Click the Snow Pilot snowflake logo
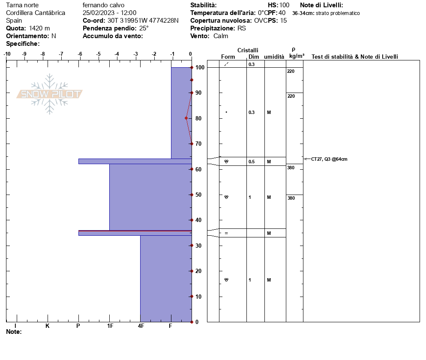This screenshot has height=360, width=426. (49, 94)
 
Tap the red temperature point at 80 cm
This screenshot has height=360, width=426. (186, 118)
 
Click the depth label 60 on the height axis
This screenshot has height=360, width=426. (198, 169)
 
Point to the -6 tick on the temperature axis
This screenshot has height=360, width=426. (80, 54)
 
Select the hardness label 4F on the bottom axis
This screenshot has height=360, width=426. (141, 326)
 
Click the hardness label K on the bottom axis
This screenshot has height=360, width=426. (47, 326)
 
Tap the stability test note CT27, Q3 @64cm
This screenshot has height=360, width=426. (329, 159)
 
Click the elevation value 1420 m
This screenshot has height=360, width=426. (39, 28)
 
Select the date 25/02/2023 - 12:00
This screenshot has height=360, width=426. (109, 13)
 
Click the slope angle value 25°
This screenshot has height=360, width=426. (144, 28)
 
